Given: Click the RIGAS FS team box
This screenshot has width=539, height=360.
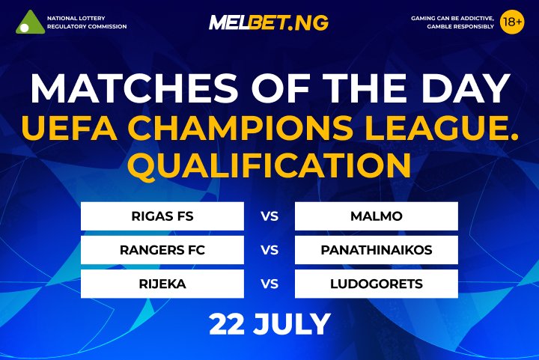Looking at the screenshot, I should (x=162, y=217).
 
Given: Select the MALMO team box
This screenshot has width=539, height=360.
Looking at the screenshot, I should (x=376, y=217).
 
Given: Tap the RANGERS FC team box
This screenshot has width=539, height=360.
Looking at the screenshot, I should (x=162, y=250).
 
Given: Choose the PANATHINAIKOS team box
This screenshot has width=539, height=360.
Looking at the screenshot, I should (x=376, y=250).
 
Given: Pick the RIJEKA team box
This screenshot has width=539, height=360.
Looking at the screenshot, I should (x=162, y=284).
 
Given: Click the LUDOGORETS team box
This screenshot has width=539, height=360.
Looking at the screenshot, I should (x=376, y=284).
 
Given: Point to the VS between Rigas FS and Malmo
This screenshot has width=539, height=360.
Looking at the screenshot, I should (x=269, y=217).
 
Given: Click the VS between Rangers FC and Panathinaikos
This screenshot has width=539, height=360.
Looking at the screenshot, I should (x=269, y=250).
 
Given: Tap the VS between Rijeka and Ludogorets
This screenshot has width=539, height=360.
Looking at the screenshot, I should (x=269, y=284).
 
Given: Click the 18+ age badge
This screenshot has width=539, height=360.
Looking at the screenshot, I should (x=512, y=22).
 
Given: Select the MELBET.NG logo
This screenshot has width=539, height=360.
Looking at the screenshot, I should (x=268, y=22).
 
